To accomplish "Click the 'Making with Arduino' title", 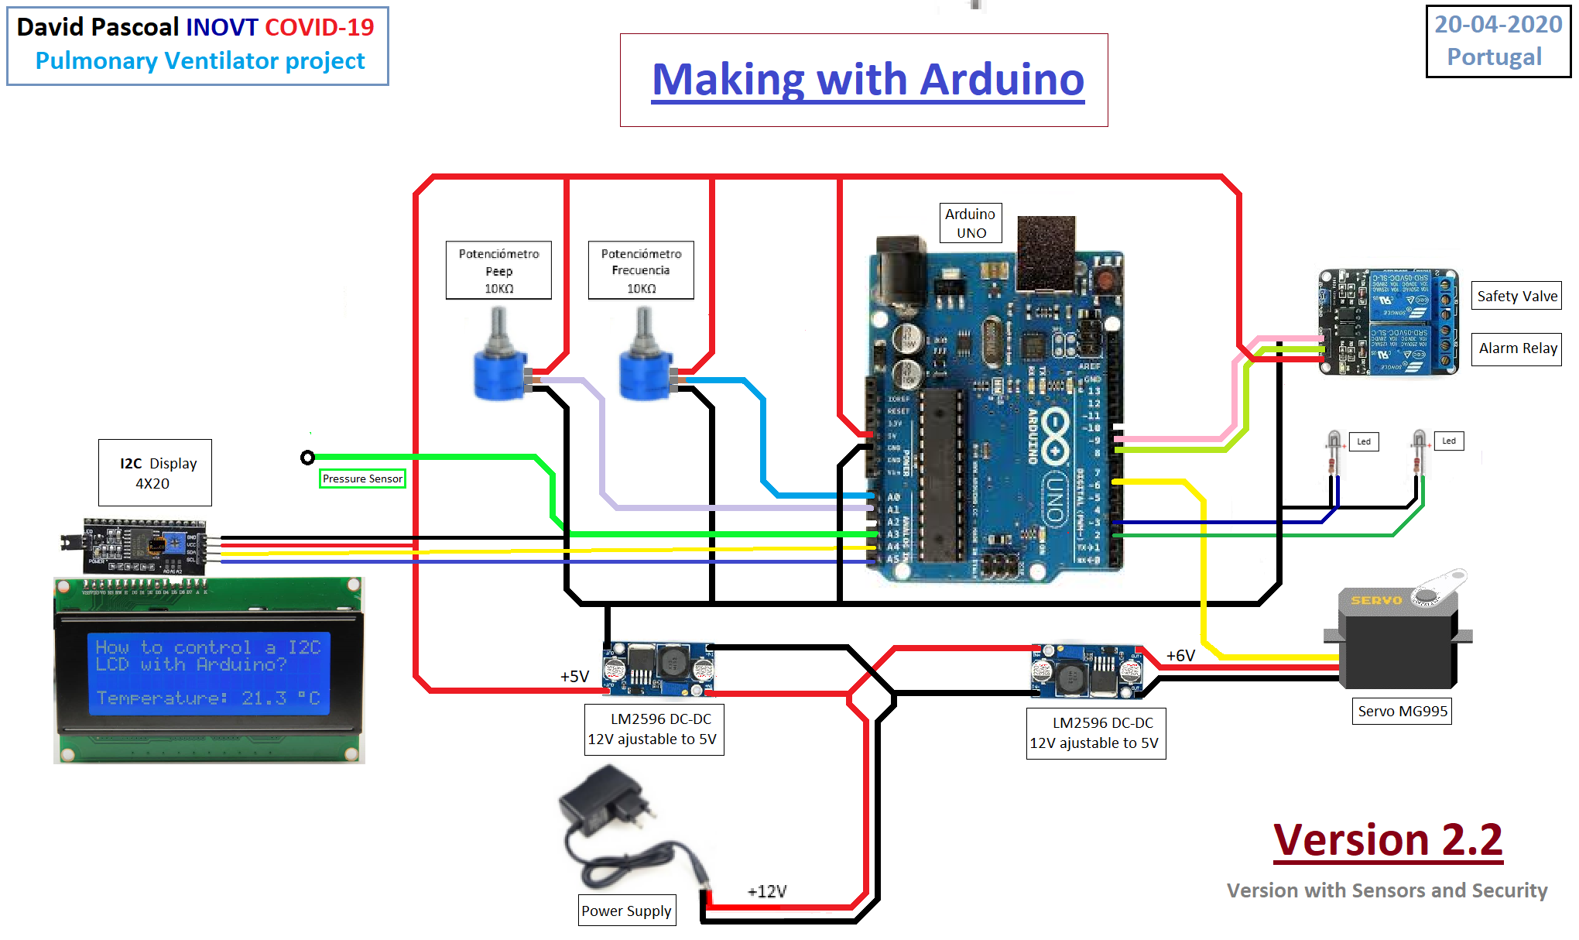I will [868, 80].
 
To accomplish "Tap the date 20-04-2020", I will [1498, 25].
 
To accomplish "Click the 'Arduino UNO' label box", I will [971, 223].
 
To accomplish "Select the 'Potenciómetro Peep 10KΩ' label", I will [498, 270].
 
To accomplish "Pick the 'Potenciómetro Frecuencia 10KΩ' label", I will [641, 270].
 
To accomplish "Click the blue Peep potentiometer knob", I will [500, 376].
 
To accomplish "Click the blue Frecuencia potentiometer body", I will [646, 376].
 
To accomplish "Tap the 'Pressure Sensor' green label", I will [362, 479].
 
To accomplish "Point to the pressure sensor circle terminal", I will [307, 458].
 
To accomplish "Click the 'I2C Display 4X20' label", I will [155, 473].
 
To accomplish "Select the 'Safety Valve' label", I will [1516, 296].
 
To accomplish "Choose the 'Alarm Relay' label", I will [1517, 348].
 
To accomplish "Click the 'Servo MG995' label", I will [1402, 711].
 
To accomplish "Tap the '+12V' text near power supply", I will [767, 891].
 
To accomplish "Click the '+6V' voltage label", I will [1180, 656].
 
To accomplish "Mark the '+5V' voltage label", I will [574, 676].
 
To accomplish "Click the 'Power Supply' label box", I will [626, 911].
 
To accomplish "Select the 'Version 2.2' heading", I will [1388, 840].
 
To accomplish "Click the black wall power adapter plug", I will [608, 805].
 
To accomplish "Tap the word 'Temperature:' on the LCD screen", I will [162, 698].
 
